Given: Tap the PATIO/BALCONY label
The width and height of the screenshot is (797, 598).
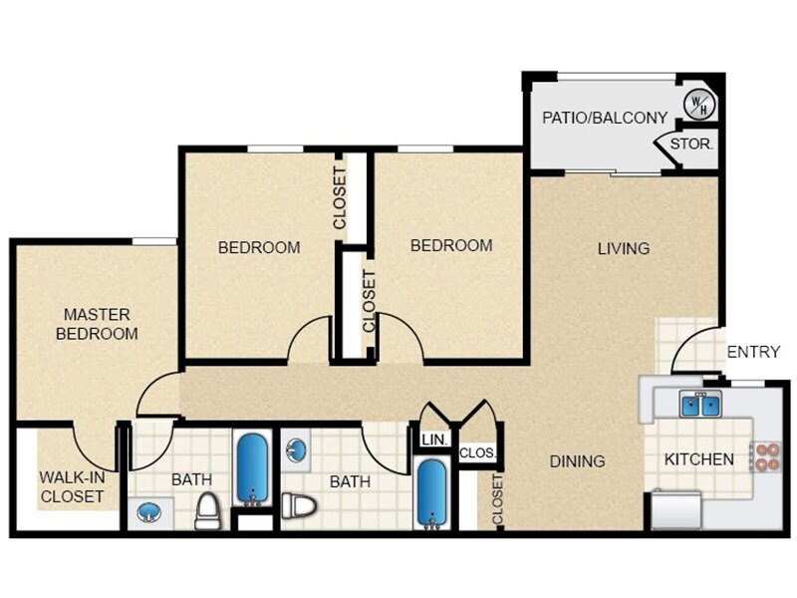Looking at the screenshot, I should click(x=605, y=118).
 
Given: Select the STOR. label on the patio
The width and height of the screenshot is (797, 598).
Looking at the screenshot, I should click(x=690, y=145).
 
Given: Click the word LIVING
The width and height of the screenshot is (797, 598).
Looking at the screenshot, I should click(x=624, y=248).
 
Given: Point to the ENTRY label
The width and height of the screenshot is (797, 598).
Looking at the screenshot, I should click(x=753, y=352).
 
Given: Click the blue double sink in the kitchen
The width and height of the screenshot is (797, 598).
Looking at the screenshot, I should click(x=700, y=404).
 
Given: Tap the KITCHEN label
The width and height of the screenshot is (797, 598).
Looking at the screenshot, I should click(x=699, y=460).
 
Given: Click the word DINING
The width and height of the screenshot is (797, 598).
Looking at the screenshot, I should click(x=578, y=461).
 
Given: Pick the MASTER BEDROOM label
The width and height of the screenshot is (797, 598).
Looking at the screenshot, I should click(x=97, y=324).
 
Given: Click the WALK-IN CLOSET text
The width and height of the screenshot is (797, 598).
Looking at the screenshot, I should click(x=72, y=486).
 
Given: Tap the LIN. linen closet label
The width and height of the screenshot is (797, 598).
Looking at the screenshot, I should click(x=432, y=440).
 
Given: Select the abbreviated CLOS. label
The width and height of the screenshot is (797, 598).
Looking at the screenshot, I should click(x=478, y=452).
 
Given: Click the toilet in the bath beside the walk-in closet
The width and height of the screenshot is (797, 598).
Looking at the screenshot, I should click(x=207, y=510).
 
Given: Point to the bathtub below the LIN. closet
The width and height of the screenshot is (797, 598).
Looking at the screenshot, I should click(x=433, y=493).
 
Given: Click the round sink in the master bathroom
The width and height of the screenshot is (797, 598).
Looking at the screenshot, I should click(x=148, y=513).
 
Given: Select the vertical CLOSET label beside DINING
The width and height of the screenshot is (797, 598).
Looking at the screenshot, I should click(x=497, y=499).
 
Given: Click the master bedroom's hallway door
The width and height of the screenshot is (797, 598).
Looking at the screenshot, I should click(x=157, y=396).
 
